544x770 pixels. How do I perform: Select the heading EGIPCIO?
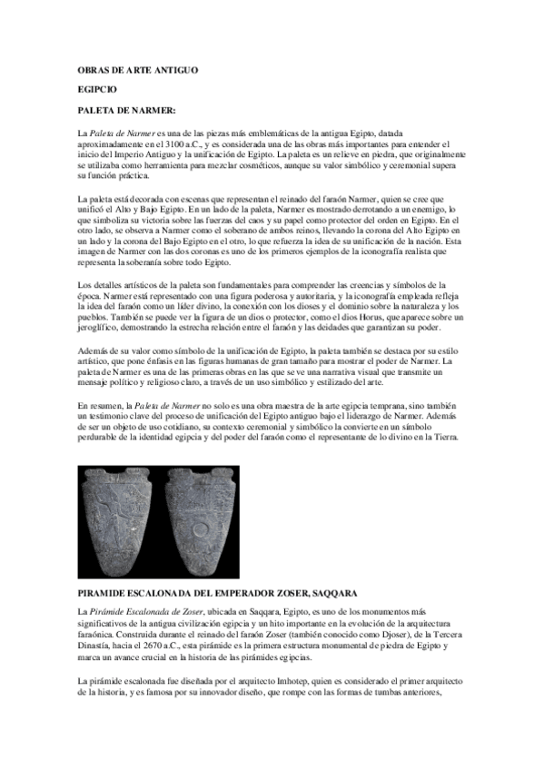click(98, 91)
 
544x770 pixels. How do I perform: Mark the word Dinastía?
click(100, 645)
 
